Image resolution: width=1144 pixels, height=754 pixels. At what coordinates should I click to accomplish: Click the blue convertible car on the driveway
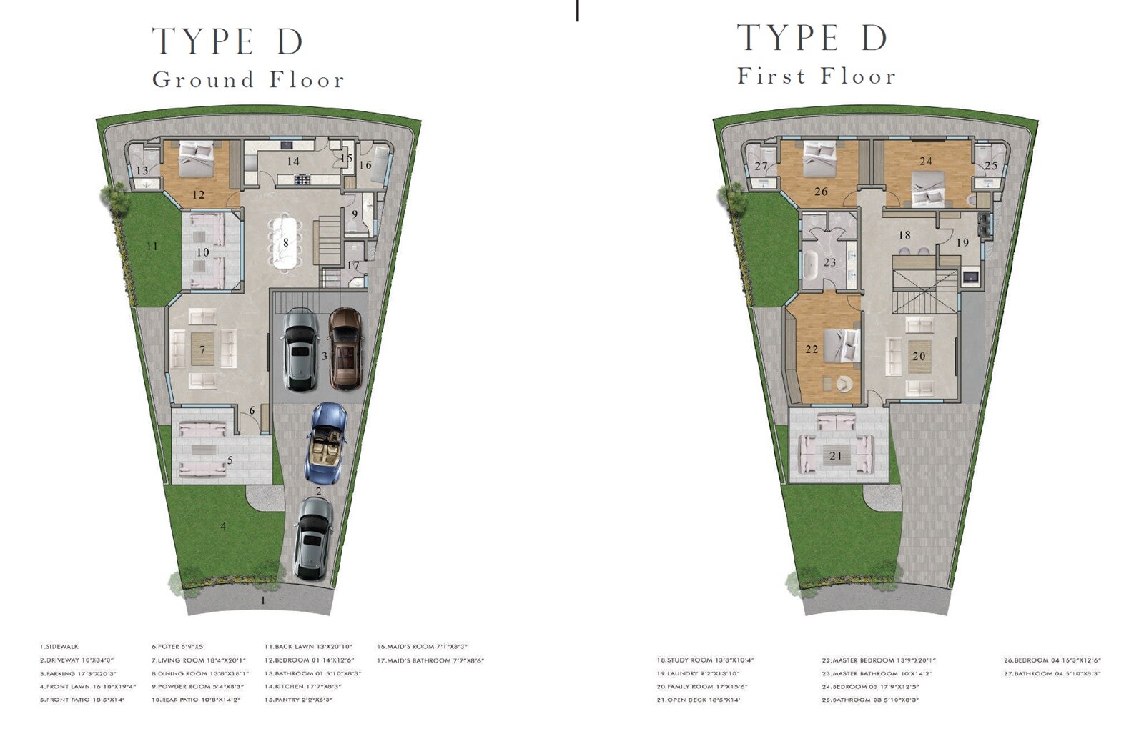pyautogui.click(x=327, y=442)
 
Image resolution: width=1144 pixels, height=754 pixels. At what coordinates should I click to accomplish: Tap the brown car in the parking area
pyautogui.click(x=345, y=348)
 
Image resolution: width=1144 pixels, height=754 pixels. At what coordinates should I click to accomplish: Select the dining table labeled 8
pyautogui.click(x=285, y=242)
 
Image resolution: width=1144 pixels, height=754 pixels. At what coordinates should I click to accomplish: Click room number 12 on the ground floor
pyautogui.click(x=198, y=194)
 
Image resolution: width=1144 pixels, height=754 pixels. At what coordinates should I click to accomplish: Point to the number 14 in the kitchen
pyautogui.click(x=293, y=162)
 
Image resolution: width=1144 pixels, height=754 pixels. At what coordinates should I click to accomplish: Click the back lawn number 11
pyautogui.click(x=152, y=246)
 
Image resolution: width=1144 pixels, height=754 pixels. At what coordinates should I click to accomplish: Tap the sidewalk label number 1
pyautogui.click(x=262, y=600)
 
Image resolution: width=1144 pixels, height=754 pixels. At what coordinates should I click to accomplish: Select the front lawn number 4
pyautogui.click(x=223, y=527)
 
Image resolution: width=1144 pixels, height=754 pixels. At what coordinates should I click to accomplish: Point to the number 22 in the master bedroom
pyautogui.click(x=812, y=349)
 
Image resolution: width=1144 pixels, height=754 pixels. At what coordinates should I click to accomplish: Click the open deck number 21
pyautogui.click(x=835, y=455)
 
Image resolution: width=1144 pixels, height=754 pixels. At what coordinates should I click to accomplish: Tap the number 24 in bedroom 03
pyautogui.click(x=926, y=161)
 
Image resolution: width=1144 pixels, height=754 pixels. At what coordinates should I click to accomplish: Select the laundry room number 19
pyautogui.click(x=962, y=243)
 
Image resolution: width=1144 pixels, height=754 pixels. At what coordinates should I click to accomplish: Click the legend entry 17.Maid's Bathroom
pyautogui.click(x=430, y=660)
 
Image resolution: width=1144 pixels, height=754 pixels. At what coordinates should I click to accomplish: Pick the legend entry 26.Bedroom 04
pyautogui.click(x=1052, y=660)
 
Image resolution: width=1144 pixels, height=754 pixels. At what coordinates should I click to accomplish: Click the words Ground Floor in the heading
pyautogui.click(x=248, y=79)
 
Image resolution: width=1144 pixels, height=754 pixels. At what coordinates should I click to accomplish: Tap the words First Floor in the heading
pyautogui.click(x=817, y=76)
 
